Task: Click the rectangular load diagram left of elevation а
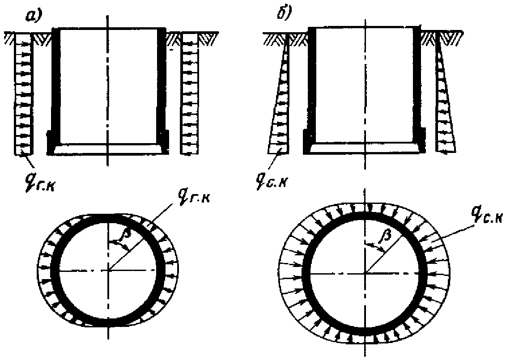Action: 23,94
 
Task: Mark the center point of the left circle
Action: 107,270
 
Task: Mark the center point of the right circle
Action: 365,272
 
